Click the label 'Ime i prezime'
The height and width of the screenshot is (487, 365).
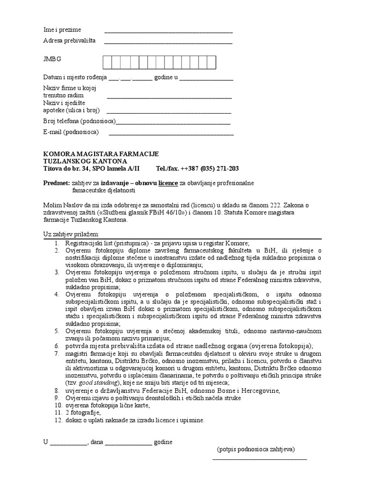62,30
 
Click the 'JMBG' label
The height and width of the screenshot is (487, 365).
52,59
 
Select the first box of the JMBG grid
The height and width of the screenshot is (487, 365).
108,62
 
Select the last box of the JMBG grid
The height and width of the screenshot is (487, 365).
211,62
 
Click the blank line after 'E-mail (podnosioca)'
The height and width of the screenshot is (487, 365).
171,135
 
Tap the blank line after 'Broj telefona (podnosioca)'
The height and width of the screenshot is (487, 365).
173,123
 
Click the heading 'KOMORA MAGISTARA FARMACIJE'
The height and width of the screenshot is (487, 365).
101,154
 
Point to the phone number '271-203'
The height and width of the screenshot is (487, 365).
228,169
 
